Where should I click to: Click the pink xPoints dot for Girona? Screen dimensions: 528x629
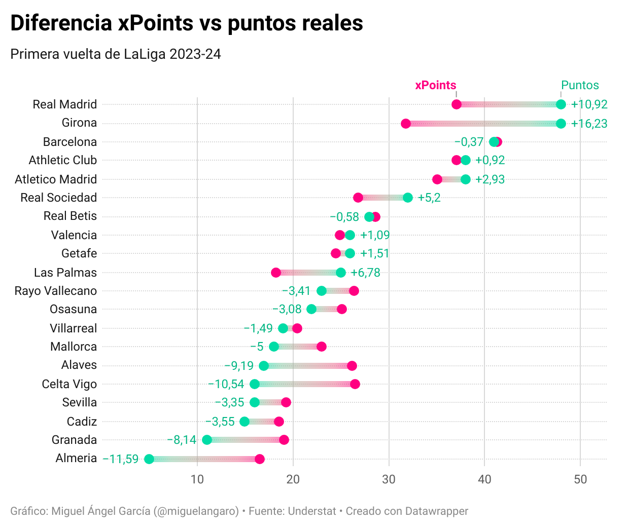(406, 124)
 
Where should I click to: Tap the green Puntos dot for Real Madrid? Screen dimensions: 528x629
(561, 104)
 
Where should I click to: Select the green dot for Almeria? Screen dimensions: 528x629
(149, 459)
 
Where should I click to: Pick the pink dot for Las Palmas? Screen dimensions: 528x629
(276, 273)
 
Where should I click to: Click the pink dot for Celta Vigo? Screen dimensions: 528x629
(355, 384)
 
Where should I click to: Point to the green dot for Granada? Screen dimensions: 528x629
(207, 440)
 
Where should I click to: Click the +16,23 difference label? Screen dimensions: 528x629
(589, 124)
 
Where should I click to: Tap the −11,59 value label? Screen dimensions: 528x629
(121, 459)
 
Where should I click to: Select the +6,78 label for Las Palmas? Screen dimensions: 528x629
(365, 273)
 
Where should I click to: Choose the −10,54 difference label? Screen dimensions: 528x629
(226, 384)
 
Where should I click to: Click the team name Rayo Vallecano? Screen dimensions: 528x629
(56, 291)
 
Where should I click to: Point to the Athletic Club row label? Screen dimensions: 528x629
(63, 160)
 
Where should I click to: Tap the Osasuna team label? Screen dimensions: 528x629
(74, 309)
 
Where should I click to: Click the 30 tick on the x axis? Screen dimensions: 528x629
(389, 479)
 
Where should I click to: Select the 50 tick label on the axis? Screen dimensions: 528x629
(580, 479)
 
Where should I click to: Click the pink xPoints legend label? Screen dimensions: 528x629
(436, 85)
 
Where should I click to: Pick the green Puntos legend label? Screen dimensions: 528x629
(580, 85)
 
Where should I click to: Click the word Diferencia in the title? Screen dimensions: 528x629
(61, 23)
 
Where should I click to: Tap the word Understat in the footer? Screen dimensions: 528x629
(312, 511)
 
